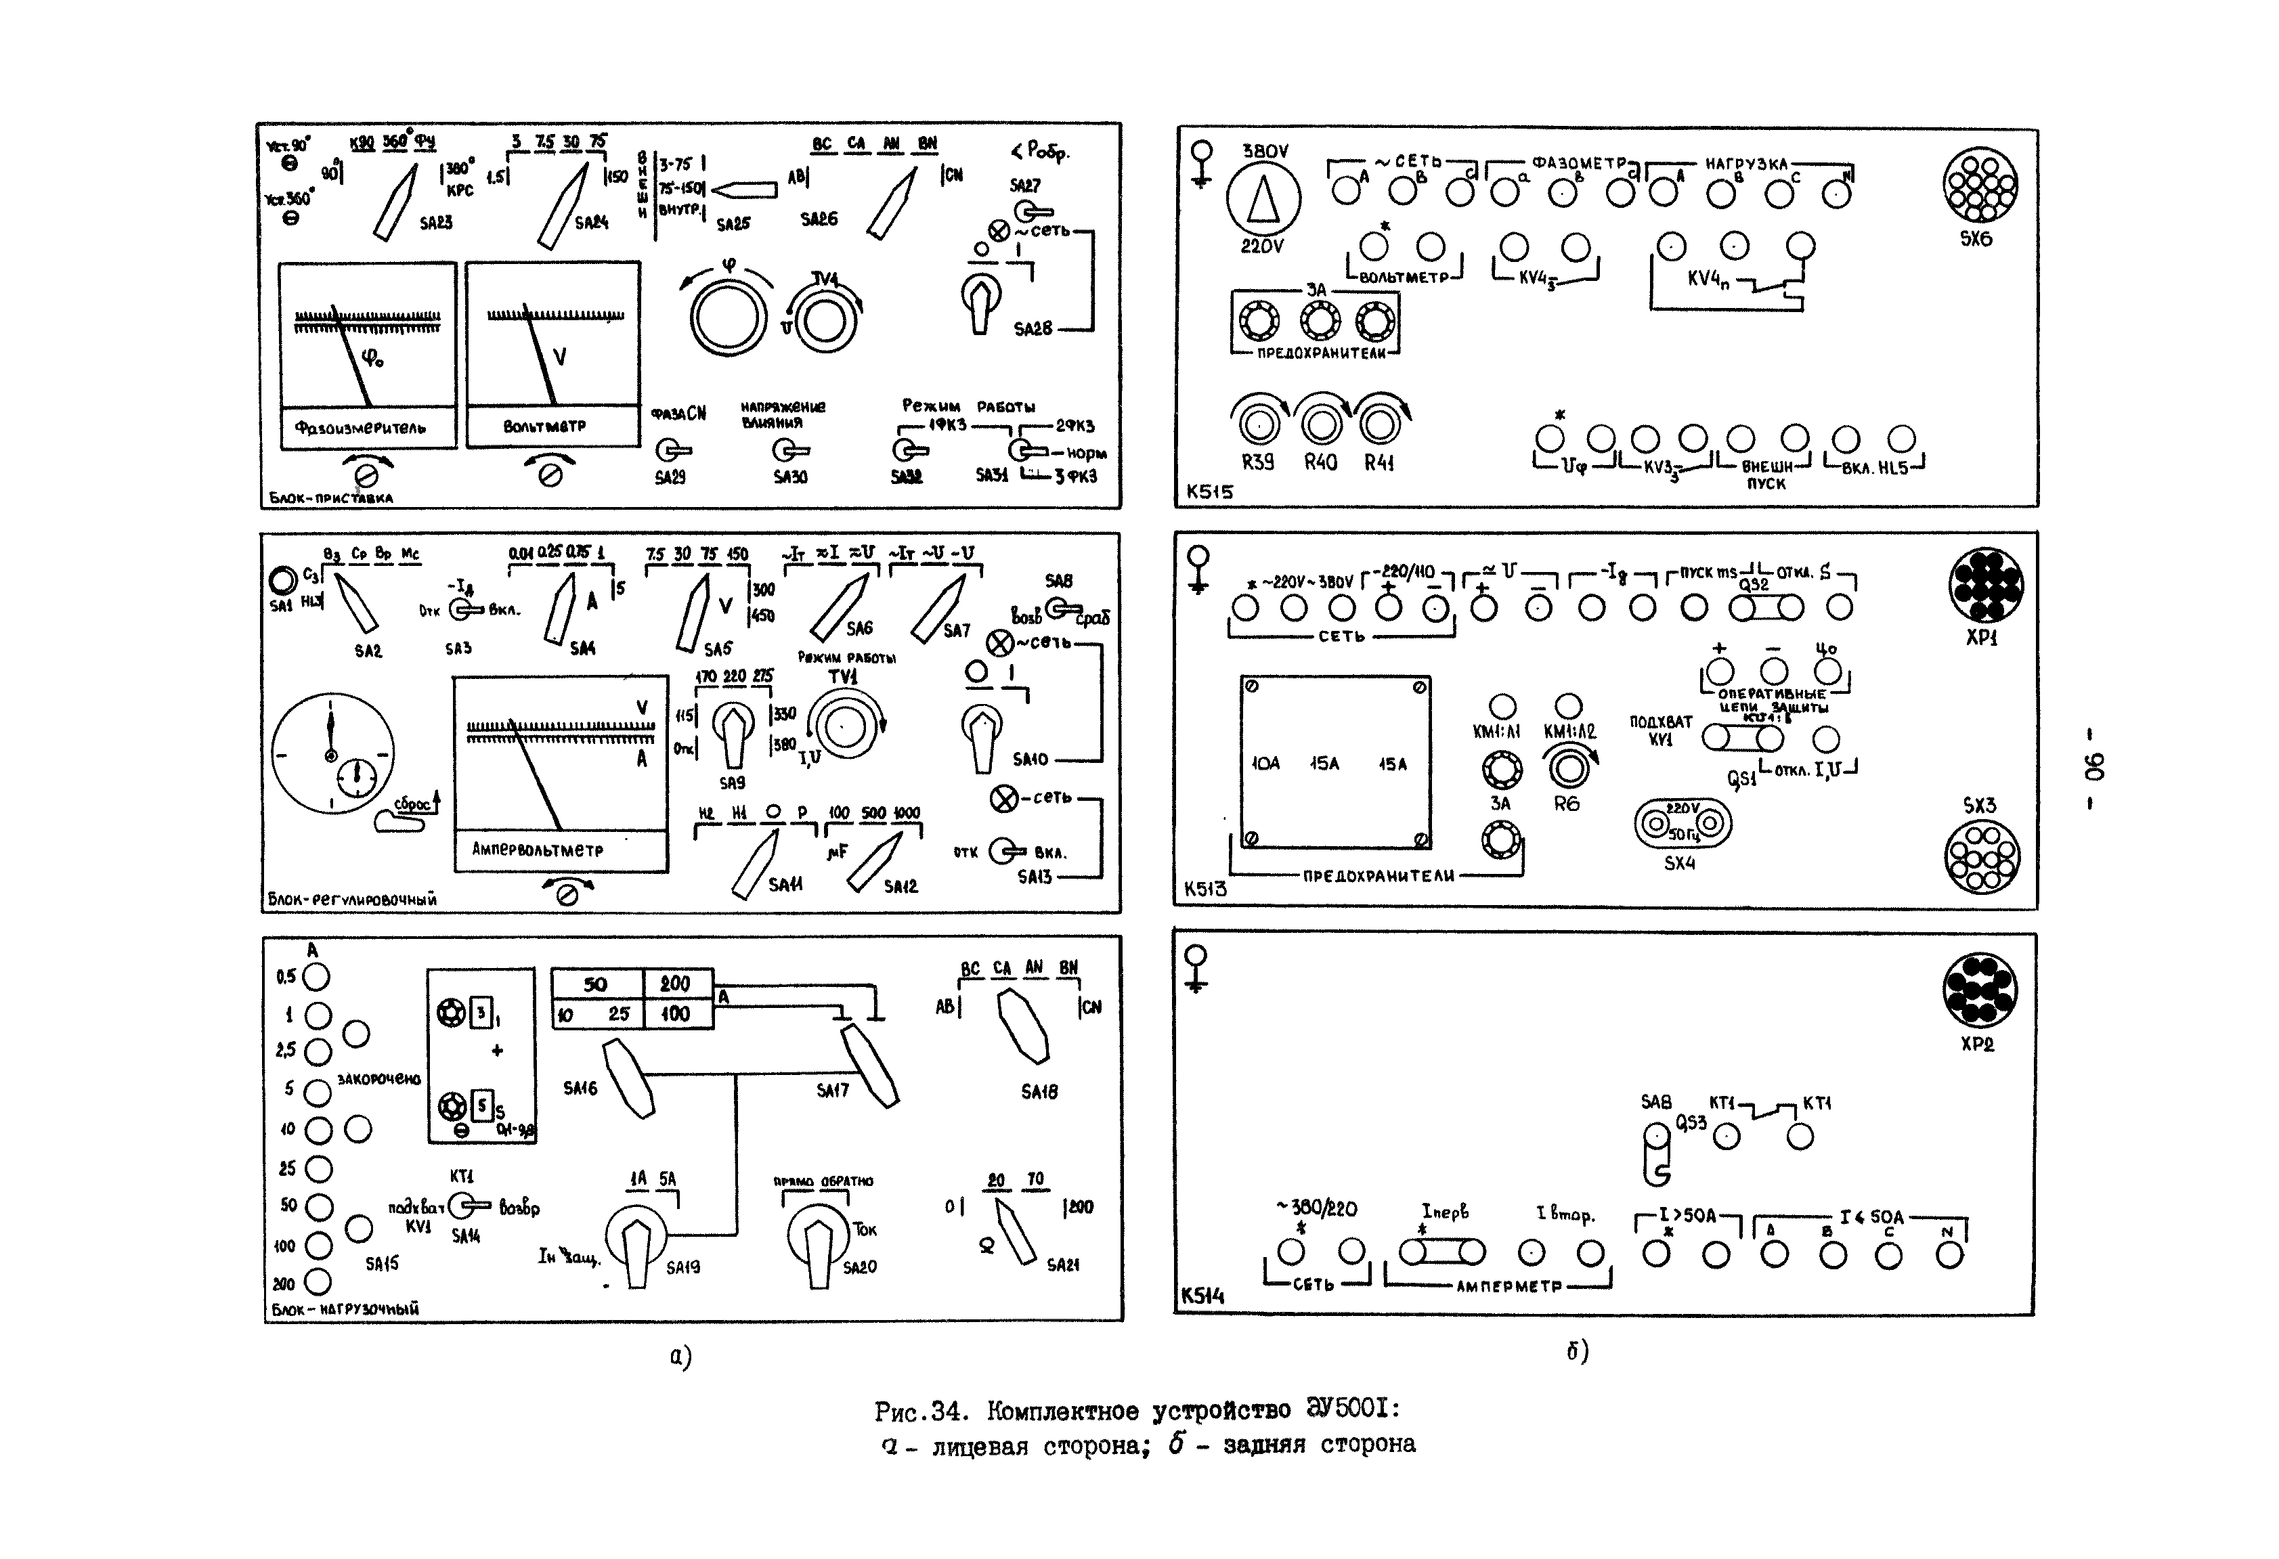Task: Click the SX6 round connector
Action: click(x=1980, y=184)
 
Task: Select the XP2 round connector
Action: click(x=1979, y=990)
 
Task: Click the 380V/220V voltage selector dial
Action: click(x=1263, y=199)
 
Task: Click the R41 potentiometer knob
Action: click(x=1379, y=424)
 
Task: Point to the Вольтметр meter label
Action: click(x=544, y=426)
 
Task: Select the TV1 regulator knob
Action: click(x=844, y=726)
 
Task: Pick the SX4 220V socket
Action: click(x=1682, y=824)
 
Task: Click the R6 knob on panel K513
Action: click(x=1569, y=769)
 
